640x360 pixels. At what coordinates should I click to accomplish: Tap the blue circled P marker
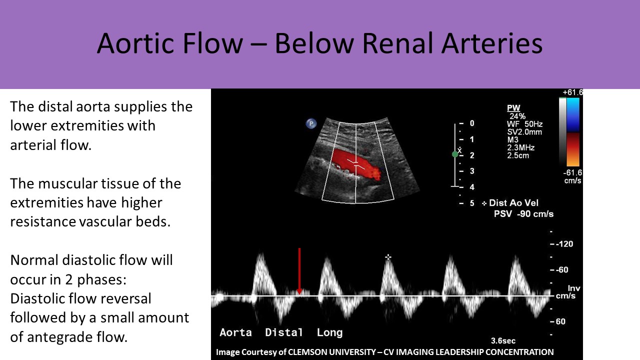point(311,123)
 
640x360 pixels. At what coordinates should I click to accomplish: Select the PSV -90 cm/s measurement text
point(523,214)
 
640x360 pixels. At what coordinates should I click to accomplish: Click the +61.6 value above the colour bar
point(572,92)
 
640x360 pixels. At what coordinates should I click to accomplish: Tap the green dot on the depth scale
point(455,154)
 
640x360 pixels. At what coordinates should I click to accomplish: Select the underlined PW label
point(513,108)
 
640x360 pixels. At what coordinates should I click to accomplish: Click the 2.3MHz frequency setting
point(520,147)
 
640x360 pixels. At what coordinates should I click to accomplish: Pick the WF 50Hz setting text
point(524,124)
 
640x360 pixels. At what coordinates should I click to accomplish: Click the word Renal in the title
point(398,43)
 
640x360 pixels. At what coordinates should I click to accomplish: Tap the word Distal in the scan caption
point(283,332)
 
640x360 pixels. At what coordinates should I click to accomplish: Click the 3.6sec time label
point(503,341)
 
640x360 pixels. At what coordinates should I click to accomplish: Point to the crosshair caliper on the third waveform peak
point(387,257)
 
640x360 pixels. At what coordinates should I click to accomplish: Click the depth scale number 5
point(472,203)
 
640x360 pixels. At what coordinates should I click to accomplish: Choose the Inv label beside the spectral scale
point(573,288)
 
